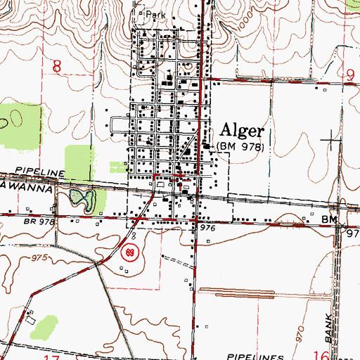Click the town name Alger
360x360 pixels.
click(243, 131)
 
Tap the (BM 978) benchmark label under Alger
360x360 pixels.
click(240, 146)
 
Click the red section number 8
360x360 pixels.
click(57, 67)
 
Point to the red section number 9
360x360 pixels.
click(349, 70)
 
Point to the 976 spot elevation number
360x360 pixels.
click(206, 229)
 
